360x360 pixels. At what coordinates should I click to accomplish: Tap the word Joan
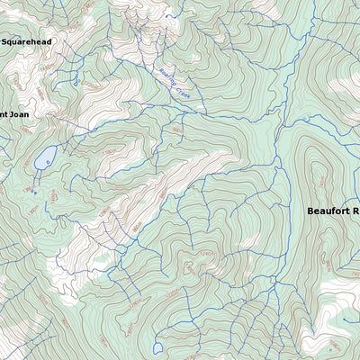[20, 114]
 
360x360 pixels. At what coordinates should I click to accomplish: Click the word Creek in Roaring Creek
[184, 91]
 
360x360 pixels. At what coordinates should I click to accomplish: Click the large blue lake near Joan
[45, 159]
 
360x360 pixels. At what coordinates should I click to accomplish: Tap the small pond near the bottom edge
[157, 347]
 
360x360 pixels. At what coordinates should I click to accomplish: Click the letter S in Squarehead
[4, 41]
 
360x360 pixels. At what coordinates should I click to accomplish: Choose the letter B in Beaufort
[310, 211]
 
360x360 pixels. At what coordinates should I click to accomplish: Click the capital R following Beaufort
[355, 211]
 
